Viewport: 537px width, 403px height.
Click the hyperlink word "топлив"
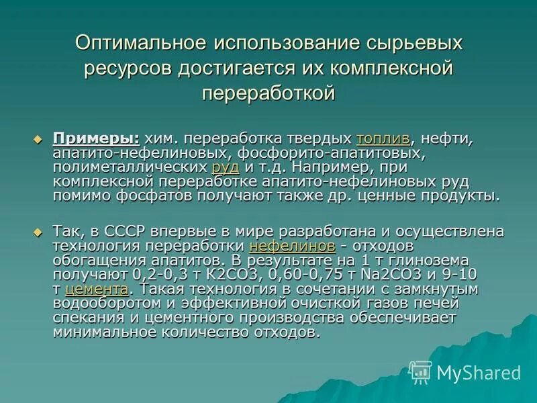pyautogui.click(x=383, y=138)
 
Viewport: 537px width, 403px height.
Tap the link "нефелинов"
pyautogui.click(x=291, y=246)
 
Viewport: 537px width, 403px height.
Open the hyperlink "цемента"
pyautogui.click(x=97, y=289)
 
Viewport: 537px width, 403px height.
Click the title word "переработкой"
pyautogui.click(x=268, y=93)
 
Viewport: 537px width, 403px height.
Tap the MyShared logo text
pyautogui.click(x=479, y=373)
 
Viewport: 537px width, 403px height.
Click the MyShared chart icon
pyautogui.click(x=420, y=371)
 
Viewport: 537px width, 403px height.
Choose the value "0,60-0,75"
pyautogui.click(x=308, y=275)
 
